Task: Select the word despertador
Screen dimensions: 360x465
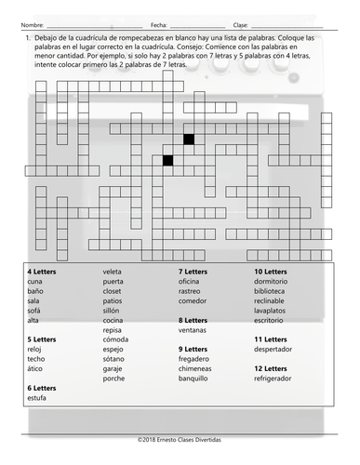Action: pyautogui.click(x=276, y=349)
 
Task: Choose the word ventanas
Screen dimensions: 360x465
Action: pyautogui.click(x=194, y=329)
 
